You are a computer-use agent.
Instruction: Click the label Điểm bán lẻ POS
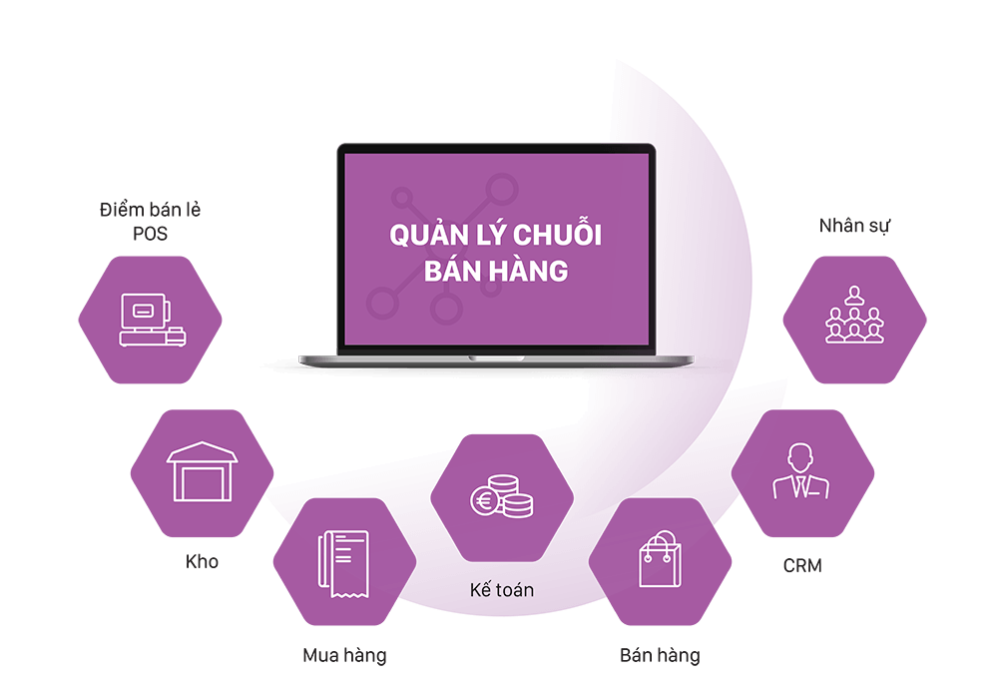pyautogui.click(x=151, y=221)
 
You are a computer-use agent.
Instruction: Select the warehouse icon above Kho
pyautogui.click(x=203, y=471)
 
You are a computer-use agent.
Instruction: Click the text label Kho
pyautogui.click(x=202, y=561)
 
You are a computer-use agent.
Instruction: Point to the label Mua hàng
pyautogui.click(x=344, y=656)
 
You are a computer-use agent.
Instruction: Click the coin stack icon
pyautogui.click(x=501, y=496)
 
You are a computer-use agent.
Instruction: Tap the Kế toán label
pyautogui.click(x=501, y=590)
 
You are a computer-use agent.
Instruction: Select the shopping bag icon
pyautogui.click(x=659, y=561)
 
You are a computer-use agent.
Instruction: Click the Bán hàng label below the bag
pyautogui.click(x=660, y=656)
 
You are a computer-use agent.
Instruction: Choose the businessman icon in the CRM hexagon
pyautogui.click(x=801, y=472)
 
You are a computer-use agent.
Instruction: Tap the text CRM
pyautogui.click(x=802, y=566)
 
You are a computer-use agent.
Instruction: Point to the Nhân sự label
pyautogui.click(x=854, y=226)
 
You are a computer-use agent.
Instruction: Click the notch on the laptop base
pyautogui.click(x=496, y=355)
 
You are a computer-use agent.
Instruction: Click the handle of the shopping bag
pyautogui.click(x=659, y=542)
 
